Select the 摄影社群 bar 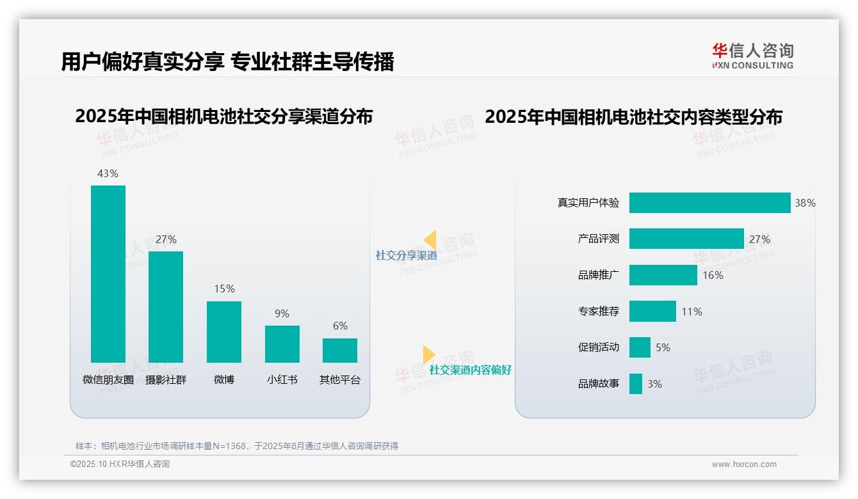coord(166,307)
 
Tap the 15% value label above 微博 coord(224,289)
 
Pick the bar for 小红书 coord(282,344)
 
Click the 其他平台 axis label coord(340,380)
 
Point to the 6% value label coord(340,326)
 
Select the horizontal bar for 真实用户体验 coord(709,203)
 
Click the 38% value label coord(805,203)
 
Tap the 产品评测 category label coord(598,239)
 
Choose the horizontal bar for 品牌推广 coord(663,275)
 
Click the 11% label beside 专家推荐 coord(692,312)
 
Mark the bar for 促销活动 coord(640,347)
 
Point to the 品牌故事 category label coord(598,384)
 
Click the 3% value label coord(654,384)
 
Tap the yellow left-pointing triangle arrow coord(430,240)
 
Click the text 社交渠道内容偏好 coord(470,370)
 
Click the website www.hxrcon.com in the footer coord(744,464)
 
